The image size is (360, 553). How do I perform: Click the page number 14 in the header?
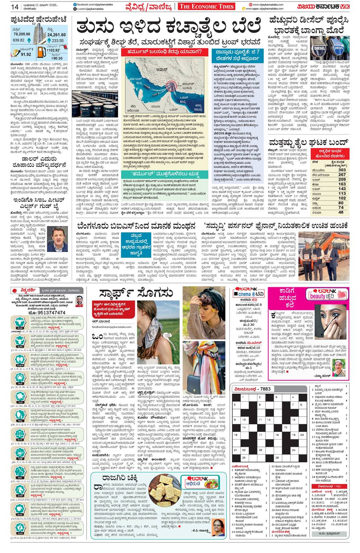15,7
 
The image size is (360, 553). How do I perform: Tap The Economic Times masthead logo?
206,7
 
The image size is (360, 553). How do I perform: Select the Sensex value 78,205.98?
22,34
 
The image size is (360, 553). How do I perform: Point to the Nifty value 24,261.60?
56,35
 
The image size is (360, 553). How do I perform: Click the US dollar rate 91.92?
26,54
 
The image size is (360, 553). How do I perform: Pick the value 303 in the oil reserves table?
341,170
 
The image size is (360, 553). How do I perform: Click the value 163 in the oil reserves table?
341,184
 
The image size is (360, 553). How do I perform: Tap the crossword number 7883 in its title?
265,389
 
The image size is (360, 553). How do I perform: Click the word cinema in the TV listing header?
245,294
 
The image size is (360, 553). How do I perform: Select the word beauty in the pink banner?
317,296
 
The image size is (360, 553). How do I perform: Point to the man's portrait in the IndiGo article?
57,238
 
